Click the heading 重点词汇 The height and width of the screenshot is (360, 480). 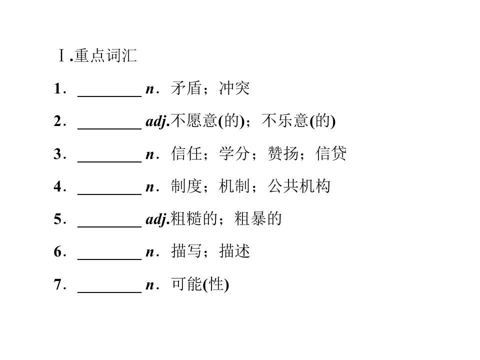point(105,55)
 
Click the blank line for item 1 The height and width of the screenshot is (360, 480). point(109,96)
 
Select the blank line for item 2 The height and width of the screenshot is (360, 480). point(109,129)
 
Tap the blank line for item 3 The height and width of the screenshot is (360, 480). point(109,161)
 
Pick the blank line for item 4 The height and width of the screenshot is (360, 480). point(109,194)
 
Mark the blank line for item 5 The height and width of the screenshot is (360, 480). point(109,227)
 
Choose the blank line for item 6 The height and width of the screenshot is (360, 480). point(109,259)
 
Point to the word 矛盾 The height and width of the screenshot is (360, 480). point(186,88)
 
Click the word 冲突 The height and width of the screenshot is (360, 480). point(234,88)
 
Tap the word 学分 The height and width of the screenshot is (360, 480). point(234,153)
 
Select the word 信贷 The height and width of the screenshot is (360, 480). point(331,153)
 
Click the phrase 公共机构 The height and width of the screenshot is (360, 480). point(299,186)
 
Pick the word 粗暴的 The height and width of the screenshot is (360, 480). point(258,219)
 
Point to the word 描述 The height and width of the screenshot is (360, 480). point(234,251)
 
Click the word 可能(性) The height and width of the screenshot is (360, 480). point(200,284)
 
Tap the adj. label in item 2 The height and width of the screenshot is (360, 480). point(157,121)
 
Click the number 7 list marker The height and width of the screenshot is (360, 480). point(58,284)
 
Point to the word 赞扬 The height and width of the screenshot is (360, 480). point(283,153)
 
